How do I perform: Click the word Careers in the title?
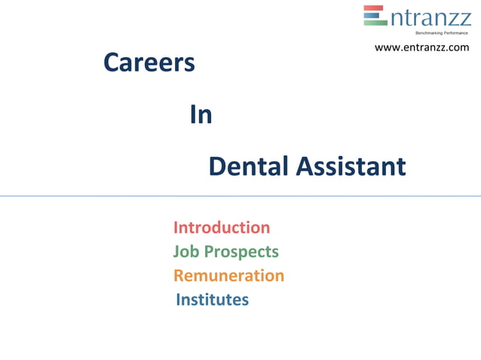(x=149, y=64)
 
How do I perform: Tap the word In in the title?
(x=201, y=115)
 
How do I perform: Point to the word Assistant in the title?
(x=351, y=166)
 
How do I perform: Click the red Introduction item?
(x=222, y=227)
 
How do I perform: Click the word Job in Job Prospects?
(x=185, y=252)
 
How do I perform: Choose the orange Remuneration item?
(x=228, y=276)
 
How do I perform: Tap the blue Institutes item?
(x=212, y=300)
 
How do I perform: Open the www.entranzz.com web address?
(x=421, y=47)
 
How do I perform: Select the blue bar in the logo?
(x=373, y=15)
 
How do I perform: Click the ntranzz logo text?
(x=430, y=17)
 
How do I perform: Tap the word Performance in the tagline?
(x=454, y=33)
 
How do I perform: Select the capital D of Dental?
(x=217, y=166)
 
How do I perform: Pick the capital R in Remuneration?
(x=179, y=276)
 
